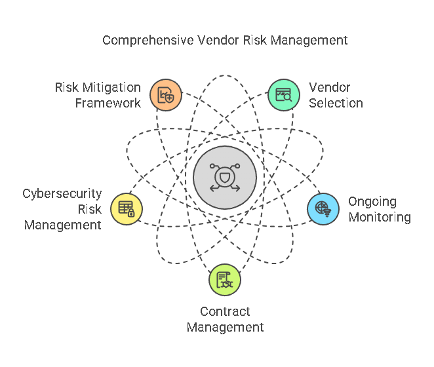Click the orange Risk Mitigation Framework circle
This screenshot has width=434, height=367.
(x=165, y=95)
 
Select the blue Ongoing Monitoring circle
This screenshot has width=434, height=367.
(x=323, y=209)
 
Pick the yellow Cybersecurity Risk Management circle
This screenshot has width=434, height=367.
(x=127, y=209)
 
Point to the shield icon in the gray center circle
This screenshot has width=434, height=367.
(x=225, y=178)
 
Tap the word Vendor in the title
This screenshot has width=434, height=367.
(x=210, y=41)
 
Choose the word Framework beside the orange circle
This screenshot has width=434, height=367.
(x=108, y=103)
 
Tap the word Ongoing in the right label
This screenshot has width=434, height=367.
(x=372, y=201)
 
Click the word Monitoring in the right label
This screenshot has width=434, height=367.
(x=380, y=217)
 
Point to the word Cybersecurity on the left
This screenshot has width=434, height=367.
(x=62, y=193)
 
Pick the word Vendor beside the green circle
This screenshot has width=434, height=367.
(x=330, y=87)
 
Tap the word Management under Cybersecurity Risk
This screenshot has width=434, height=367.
(x=63, y=225)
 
